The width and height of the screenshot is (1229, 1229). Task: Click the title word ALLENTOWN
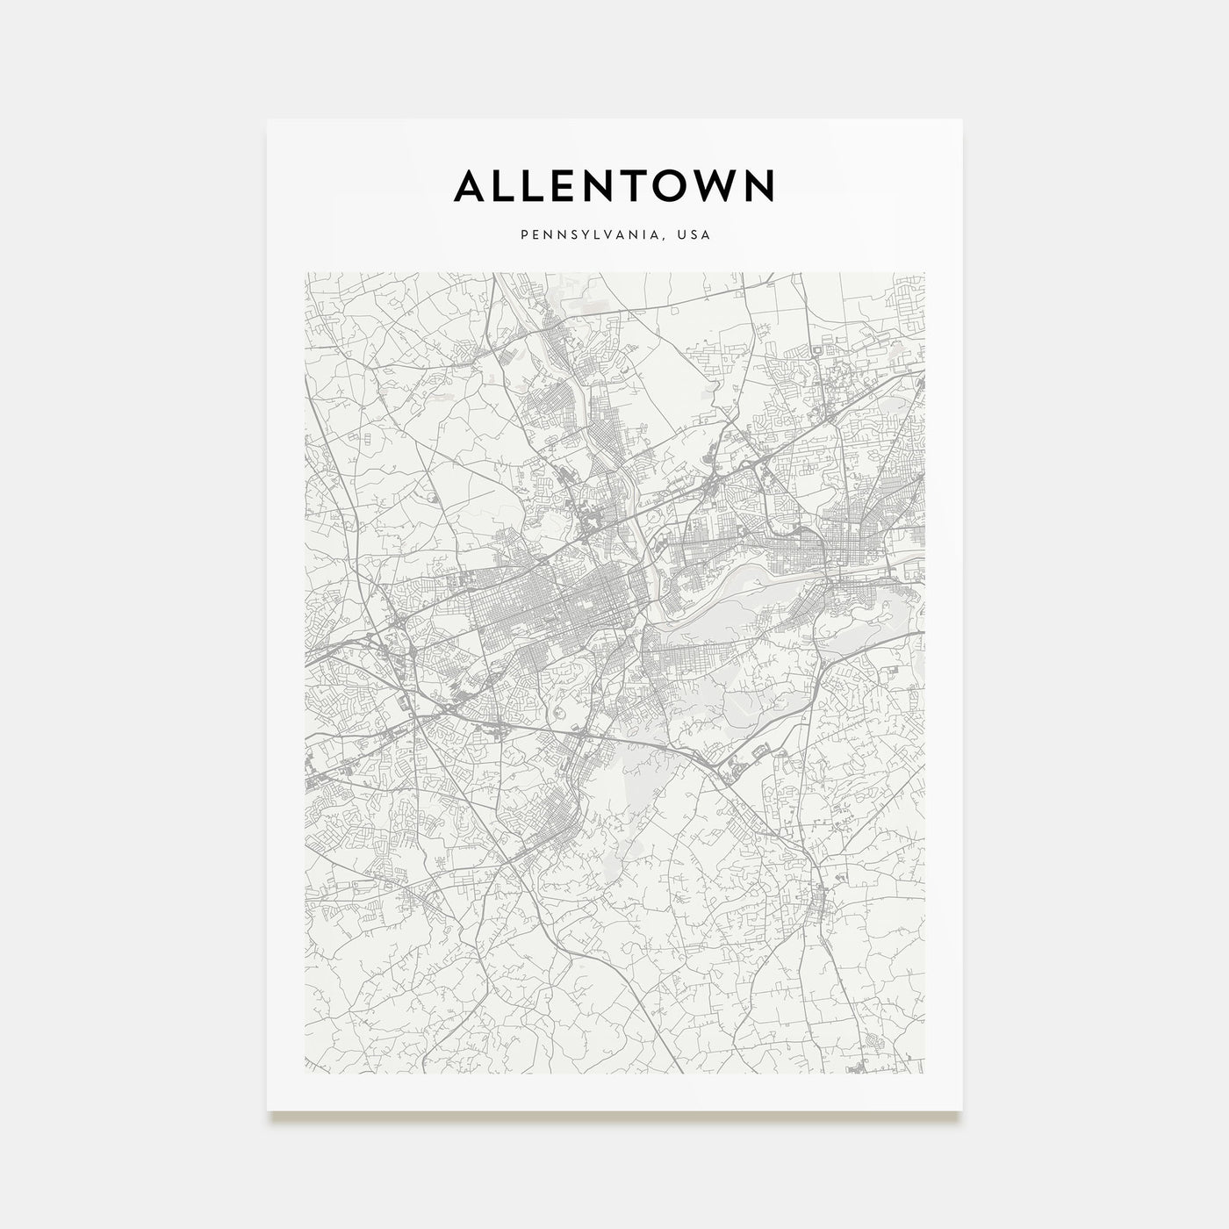click(x=614, y=185)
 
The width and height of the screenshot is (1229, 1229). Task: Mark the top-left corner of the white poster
click(x=268, y=119)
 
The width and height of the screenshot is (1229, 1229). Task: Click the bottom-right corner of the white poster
click(x=962, y=1110)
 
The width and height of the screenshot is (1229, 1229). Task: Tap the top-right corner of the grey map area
click(x=924, y=272)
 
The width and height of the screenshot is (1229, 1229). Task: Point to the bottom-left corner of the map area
click(x=305, y=1073)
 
